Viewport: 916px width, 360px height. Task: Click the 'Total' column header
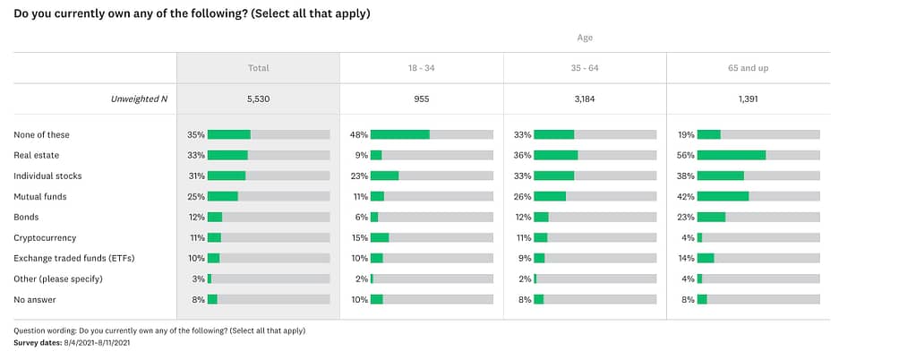(x=258, y=68)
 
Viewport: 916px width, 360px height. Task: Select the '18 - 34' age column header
(x=421, y=68)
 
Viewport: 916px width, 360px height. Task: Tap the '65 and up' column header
(x=748, y=68)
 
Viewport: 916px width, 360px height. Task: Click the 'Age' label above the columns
(x=584, y=38)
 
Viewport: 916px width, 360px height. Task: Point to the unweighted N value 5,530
(x=258, y=99)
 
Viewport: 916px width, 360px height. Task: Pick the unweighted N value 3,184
(x=584, y=99)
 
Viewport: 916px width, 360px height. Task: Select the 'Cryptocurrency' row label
(x=45, y=237)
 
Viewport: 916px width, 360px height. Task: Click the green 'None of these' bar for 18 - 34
(x=399, y=134)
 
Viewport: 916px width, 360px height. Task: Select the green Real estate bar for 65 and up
(x=731, y=155)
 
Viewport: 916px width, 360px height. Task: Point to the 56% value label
(x=686, y=155)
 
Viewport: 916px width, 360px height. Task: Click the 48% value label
(x=358, y=134)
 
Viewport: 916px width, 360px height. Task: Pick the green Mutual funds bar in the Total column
(x=222, y=196)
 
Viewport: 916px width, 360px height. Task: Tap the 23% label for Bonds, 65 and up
(x=686, y=217)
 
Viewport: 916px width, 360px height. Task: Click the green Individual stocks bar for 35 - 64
(x=553, y=176)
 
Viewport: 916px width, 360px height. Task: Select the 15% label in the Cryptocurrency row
(x=358, y=237)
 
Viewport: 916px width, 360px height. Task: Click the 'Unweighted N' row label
(x=139, y=99)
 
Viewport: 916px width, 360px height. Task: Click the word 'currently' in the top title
(x=66, y=13)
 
